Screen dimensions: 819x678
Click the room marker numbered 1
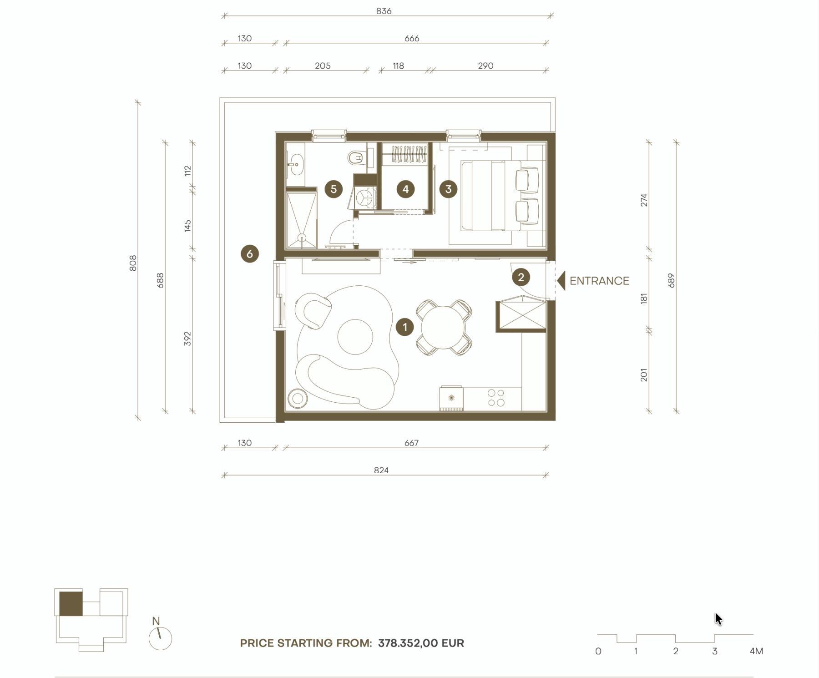coord(405,327)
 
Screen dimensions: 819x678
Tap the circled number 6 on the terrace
coord(250,254)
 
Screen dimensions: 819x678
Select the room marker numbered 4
coord(405,189)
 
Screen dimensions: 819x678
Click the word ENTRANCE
coord(599,281)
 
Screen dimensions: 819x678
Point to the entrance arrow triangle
coord(561,281)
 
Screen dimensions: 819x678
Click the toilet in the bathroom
coord(355,158)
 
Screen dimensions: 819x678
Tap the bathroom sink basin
coord(296,164)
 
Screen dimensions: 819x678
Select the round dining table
coord(443,327)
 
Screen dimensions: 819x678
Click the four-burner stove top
coord(496,398)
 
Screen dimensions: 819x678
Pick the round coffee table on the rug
coord(355,337)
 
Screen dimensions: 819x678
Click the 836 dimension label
coord(384,11)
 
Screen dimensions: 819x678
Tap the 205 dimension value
coord(323,66)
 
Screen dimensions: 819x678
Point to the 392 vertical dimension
coord(187,339)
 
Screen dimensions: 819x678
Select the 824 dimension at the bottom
coord(381,470)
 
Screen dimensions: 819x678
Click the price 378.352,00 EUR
coord(421,643)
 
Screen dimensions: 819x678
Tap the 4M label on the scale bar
coord(756,651)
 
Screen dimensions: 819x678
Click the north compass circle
coord(161,638)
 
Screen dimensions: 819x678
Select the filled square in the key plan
coord(71,604)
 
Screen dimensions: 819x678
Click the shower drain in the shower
coord(302,238)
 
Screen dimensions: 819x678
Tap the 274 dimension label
coord(644,200)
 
